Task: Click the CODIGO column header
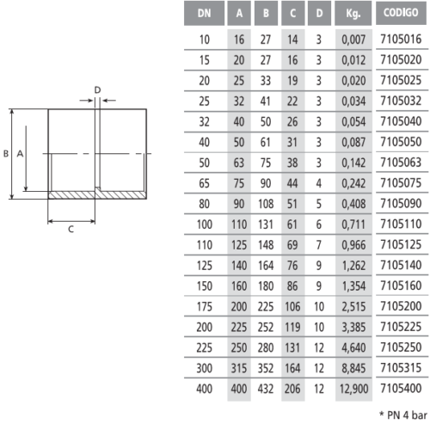(x=401, y=13)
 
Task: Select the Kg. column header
(x=353, y=13)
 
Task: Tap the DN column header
(x=204, y=13)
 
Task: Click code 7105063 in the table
(x=401, y=163)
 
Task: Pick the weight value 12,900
(x=353, y=389)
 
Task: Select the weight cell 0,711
(x=353, y=224)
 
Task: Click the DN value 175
(x=204, y=306)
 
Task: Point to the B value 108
(x=266, y=204)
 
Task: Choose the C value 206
(x=292, y=389)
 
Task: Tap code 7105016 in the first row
(x=401, y=39)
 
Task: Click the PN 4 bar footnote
(x=403, y=415)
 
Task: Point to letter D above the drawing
(x=97, y=90)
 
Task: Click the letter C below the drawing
(x=71, y=230)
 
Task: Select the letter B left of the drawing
(x=6, y=154)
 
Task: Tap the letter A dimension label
(x=20, y=154)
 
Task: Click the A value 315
(x=239, y=368)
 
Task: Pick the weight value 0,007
(x=353, y=40)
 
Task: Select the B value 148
(x=266, y=245)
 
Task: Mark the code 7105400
(x=401, y=388)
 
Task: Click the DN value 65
(x=204, y=183)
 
